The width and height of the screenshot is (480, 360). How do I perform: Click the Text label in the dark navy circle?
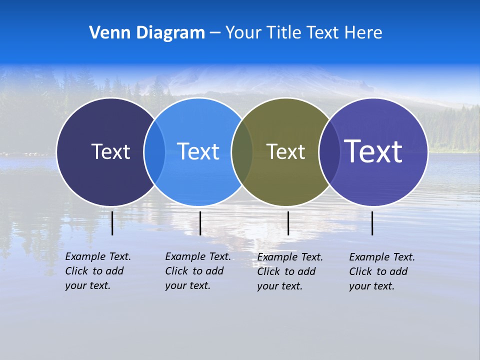pos(110,151)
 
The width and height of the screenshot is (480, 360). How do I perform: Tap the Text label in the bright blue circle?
pos(198,151)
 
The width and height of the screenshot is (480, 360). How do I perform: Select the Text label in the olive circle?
pos(285,151)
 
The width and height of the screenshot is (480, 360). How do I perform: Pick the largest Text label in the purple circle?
pos(373,151)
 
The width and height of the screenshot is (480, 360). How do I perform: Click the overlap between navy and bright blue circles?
pos(154,152)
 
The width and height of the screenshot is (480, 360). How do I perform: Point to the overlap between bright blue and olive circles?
pos(242,152)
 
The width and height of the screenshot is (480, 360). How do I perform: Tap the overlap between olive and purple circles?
pos(329,152)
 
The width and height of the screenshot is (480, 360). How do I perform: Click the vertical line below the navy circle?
pos(112,223)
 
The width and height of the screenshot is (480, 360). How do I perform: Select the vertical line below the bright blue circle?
pos(200,223)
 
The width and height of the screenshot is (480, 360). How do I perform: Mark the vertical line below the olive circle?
pos(288,223)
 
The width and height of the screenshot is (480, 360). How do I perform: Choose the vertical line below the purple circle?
pos(372,223)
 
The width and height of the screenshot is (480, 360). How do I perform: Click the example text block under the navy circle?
pos(97,271)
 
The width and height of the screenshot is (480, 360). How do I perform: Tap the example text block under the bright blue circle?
pos(197,271)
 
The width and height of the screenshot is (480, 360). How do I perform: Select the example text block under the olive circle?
pos(289,271)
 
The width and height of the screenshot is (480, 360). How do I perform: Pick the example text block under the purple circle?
pos(381,271)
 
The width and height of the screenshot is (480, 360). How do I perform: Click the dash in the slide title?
pos(215,33)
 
